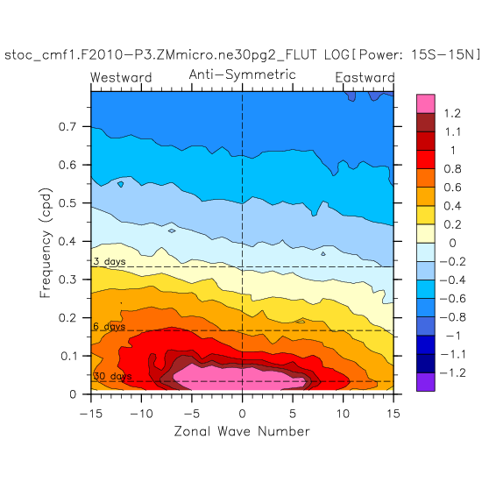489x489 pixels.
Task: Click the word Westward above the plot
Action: (x=121, y=78)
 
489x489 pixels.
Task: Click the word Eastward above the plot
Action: (x=365, y=78)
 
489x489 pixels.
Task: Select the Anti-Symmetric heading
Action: (x=243, y=74)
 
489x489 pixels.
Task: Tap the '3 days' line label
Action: (x=110, y=261)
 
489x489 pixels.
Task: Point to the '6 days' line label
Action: (x=110, y=327)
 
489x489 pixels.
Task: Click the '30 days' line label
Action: (x=112, y=376)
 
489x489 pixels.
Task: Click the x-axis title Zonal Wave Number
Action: (x=242, y=431)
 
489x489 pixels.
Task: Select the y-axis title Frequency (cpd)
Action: (x=46, y=243)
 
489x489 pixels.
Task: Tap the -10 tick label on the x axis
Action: (x=141, y=414)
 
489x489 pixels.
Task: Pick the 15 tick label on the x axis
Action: (x=393, y=414)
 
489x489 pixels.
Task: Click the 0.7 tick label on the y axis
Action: (x=67, y=126)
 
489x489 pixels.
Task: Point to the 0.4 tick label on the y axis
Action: (x=67, y=241)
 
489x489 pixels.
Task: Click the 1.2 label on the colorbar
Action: (x=452, y=113)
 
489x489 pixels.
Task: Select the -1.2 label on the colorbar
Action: (x=452, y=373)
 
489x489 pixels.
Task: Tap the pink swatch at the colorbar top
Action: (x=426, y=104)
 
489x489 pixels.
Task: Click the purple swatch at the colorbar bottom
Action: (x=426, y=382)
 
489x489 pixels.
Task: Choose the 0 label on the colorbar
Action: (x=452, y=244)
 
